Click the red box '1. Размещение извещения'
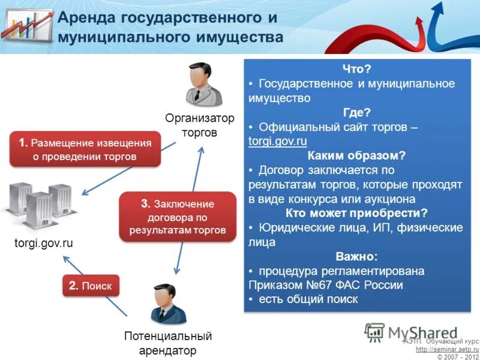pos(85,149)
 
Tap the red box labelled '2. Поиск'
pos(90,286)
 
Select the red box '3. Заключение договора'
pos(177,217)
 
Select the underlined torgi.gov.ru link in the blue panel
pos(277,142)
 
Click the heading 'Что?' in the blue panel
pos(356,70)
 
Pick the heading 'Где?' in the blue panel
pos(356,113)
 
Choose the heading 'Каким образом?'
pos(356,156)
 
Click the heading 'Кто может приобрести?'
pos(356,214)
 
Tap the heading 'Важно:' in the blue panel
pos(356,257)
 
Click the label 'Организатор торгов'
pos(200,125)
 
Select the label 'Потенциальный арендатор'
pos(168,343)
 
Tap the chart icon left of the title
pos(26,26)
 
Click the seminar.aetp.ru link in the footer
pos(447,349)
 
